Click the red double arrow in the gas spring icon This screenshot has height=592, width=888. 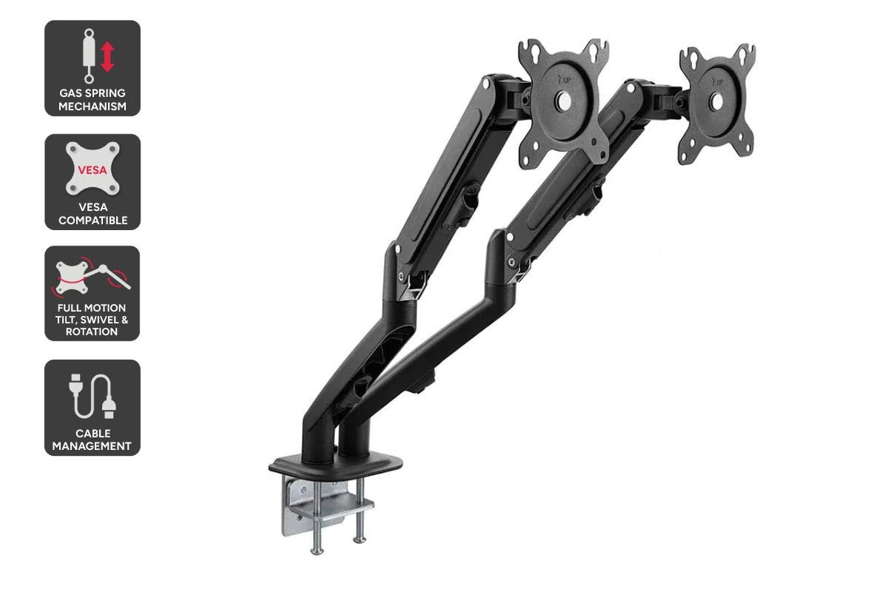click(x=107, y=56)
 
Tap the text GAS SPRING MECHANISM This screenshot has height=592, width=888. click(x=92, y=100)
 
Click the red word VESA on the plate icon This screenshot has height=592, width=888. click(x=92, y=169)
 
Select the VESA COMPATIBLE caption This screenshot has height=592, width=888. click(x=92, y=214)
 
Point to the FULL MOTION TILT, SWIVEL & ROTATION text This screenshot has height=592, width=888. click(x=92, y=320)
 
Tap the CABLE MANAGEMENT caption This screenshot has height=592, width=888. click(x=92, y=440)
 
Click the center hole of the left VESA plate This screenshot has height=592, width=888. click(x=564, y=102)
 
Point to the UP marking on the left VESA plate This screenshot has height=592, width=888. click(x=566, y=81)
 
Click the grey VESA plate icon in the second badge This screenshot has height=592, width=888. click(x=92, y=169)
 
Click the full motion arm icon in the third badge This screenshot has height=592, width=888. click(x=92, y=275)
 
